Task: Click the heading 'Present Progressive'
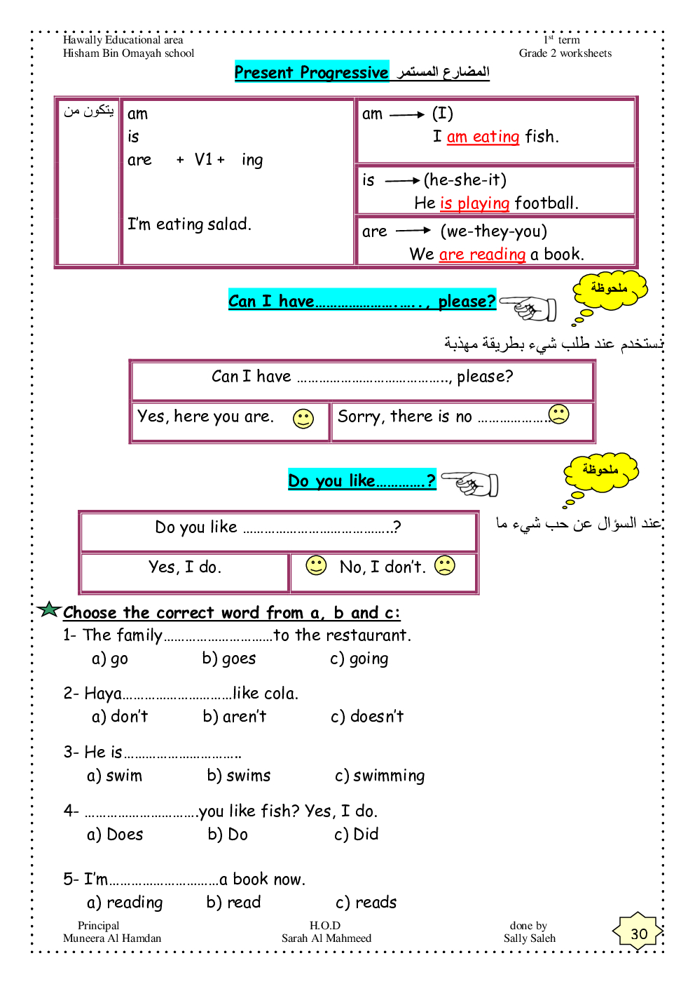(x=311, y=72)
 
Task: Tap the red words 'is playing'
(x=474, y=203)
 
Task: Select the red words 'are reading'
(x=482, y=255)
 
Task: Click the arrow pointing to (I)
(x=407, y=114)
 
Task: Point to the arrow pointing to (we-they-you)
(x=413, y=231)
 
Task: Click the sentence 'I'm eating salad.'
(x=189, y=224)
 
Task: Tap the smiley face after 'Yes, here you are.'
(x=303, y=419)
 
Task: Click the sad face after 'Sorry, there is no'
(x=559, y=414)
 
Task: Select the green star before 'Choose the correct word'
(x=49, y=609)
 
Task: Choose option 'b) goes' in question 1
(x=228, y=659)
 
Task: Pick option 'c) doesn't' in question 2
(x=367, y=717)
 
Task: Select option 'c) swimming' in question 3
(x=380, y=776)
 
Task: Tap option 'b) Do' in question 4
(x=228, y=835)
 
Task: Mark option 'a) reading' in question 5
(x=125, y=903)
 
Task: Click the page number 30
(x=638, y=934)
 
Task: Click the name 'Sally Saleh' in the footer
(x=530, y=938)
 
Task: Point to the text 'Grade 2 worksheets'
(x=565, y=53)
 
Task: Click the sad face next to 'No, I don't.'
(x=445, y=565)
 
